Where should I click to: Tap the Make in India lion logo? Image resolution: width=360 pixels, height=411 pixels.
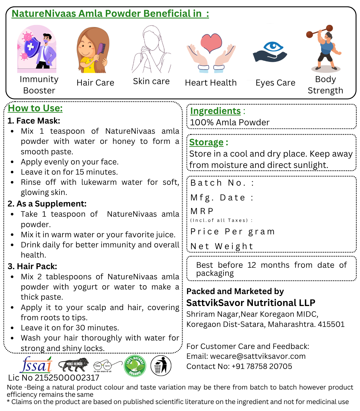click(x=74, y=365)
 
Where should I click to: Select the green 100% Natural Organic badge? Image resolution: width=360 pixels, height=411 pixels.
click(x=135, y=366)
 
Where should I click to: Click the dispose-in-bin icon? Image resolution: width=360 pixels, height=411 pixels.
click(x=161, y=366)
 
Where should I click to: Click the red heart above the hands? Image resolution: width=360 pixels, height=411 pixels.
click(x=211, y=43)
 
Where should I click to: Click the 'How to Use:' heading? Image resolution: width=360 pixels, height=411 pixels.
click(x=35, y=108)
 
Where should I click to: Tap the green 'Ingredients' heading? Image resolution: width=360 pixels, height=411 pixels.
click(x=215, y=111)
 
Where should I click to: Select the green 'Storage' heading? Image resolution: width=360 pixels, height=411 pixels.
click(x=206, y=142)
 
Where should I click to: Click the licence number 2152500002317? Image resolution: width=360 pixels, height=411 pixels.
click(x=67, y=378)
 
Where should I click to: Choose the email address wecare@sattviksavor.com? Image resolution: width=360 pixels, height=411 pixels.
click(x=258, y=356)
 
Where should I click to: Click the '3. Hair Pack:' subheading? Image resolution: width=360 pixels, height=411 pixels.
click(x=33, y=266)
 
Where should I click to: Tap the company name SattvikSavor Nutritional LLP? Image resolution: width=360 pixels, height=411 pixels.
click(x=251, y=303)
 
